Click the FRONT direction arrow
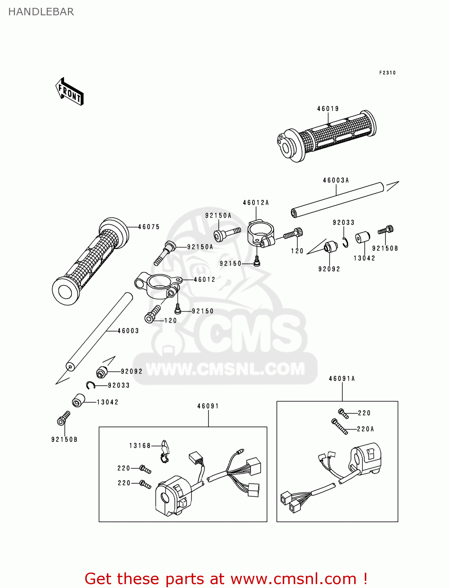tap(70, 92)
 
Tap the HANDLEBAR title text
tap(41, 12)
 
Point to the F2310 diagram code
tap(387, 73)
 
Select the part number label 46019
tap(328, 109)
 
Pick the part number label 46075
tap(149, 227)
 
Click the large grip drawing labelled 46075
tap(90, 261)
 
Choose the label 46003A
tap(336, 180)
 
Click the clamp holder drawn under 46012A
tap(260, 234)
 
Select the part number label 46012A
tap(256, 203)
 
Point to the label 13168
tap(140, 446)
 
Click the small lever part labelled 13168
tap(165, 450)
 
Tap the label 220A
tap(365, 429)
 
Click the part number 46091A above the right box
tap(342, 379)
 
